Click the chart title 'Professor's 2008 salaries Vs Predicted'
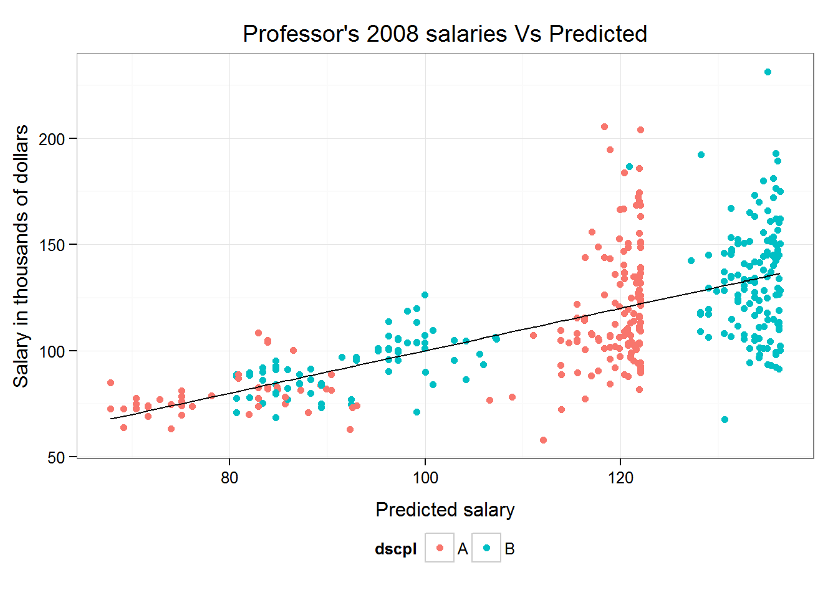tap(445, 34)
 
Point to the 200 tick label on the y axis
tap(52, 139)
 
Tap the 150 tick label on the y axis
tap(52, 245)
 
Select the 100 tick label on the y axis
tap(52, 351)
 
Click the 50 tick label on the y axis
tap(56, 458)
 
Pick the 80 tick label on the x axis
tap(229, 478)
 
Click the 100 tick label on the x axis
tap(425, 478)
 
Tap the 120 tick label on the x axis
tap(620, 478)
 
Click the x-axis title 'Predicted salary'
tap(445, 510)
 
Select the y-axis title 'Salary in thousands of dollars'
tap(21, 255)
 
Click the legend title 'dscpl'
tap(395, 549)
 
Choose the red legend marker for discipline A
tap(440, 548)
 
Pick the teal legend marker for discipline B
tap(486, 548)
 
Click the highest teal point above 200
tap(768, 72)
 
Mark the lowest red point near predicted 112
tap(543, 440)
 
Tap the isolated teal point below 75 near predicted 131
tap(725, 420)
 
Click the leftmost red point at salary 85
tap(110, 383)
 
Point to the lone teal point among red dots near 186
tap(629, 167)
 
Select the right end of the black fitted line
tap(779, 273)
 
